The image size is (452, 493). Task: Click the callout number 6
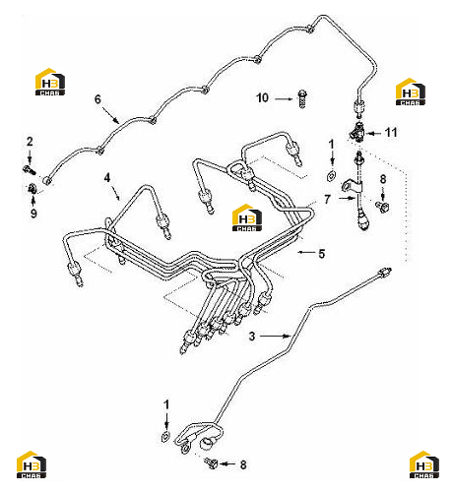click(97, 99)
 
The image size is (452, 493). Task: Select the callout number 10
click(262, 97)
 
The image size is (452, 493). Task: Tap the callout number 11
click(391, 133)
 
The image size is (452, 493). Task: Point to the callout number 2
click(30, 142)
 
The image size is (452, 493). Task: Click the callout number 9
click(33, 214)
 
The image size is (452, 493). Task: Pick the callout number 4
click(107, 178)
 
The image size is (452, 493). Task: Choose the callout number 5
click(322, 254)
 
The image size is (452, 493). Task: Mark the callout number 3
click(252, 337)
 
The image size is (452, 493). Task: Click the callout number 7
click(327, 199)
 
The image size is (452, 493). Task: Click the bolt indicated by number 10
click(302, 98)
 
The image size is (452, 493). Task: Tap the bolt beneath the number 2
click(30, 170)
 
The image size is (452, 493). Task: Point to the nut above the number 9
click(32, 189)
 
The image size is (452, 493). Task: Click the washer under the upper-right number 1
click(331, 175)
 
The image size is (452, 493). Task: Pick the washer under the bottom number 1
click(165, 436)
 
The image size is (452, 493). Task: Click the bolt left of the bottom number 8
click(211, 462)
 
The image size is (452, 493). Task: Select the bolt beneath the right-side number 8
click(382, 207)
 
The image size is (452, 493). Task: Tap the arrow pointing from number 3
click(275, 336)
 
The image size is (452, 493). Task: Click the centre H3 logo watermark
click(247, 217)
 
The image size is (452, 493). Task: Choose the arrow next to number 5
click(306, 252)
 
